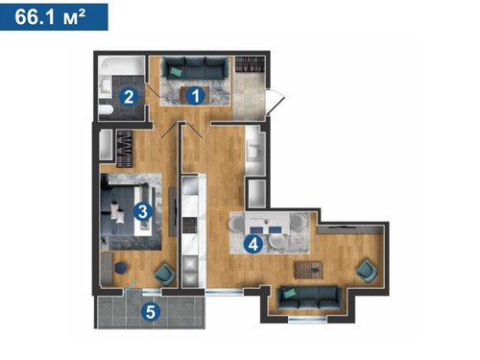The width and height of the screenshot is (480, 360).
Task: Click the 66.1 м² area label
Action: (50, 16)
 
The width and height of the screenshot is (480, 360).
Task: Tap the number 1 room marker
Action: (196, 95)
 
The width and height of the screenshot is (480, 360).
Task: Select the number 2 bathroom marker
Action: (129, 97)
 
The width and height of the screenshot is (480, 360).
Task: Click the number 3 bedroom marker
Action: (143, 211)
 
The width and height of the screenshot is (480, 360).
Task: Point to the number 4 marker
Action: (253, 245)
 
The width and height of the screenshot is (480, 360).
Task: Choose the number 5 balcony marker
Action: (151, 311)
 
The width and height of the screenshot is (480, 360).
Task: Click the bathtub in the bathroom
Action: (121, 66)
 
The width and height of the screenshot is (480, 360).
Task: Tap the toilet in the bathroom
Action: (106, 109)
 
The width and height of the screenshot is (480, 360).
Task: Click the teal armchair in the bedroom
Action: (165, 275)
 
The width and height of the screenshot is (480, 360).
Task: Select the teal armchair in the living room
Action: (367, 271)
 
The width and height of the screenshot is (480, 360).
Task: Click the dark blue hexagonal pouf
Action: (121, 268)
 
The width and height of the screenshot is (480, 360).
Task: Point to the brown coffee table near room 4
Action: (308, 270)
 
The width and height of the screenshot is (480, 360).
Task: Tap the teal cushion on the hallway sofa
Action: (175, 72)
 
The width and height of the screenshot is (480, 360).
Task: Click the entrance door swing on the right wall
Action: (276, 101)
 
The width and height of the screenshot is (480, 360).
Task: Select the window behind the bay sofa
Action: (307, 318)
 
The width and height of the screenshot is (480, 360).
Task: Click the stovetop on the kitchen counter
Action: (189, 225)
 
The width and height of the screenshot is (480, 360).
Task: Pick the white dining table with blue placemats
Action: (268, 225)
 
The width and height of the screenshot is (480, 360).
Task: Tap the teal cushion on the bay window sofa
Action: (291, 293)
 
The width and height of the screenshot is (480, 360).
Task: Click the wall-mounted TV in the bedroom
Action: (173, 212)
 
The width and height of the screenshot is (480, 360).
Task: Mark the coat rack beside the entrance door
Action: (251, 64)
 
